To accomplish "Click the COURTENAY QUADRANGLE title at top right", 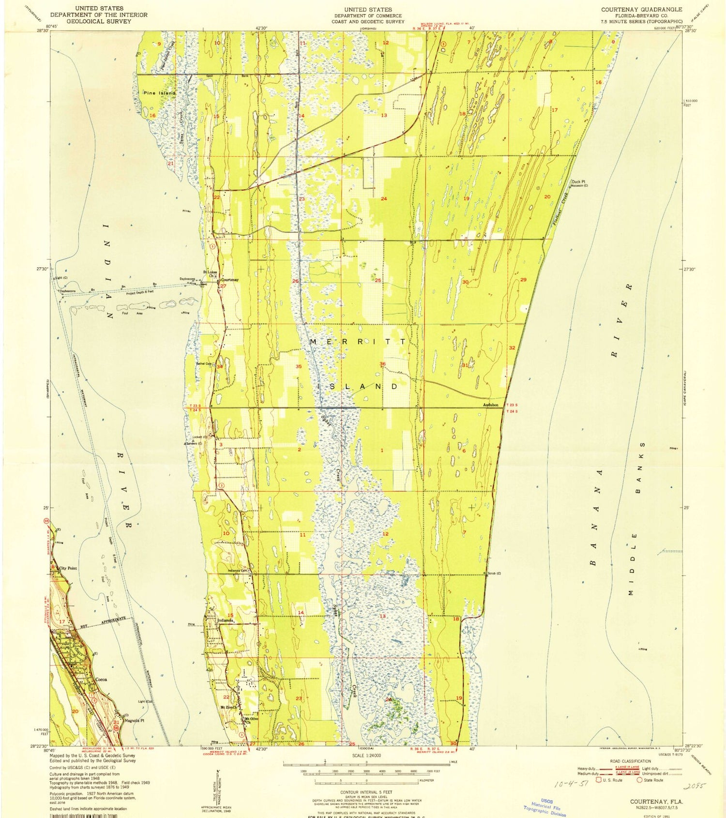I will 641,9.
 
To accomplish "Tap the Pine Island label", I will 159,92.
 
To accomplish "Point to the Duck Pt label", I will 579,182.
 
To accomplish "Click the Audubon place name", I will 490,405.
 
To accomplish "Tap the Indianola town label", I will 226,620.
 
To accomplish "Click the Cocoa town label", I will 101,680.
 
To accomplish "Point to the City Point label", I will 68,568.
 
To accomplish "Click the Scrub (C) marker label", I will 494,574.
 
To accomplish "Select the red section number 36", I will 382,364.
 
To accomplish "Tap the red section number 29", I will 523,280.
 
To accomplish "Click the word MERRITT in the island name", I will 358,342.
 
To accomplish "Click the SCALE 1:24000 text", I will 366,756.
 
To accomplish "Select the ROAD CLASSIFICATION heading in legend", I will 630,761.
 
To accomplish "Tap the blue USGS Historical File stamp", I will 544,807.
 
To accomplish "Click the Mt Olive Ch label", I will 251,720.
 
